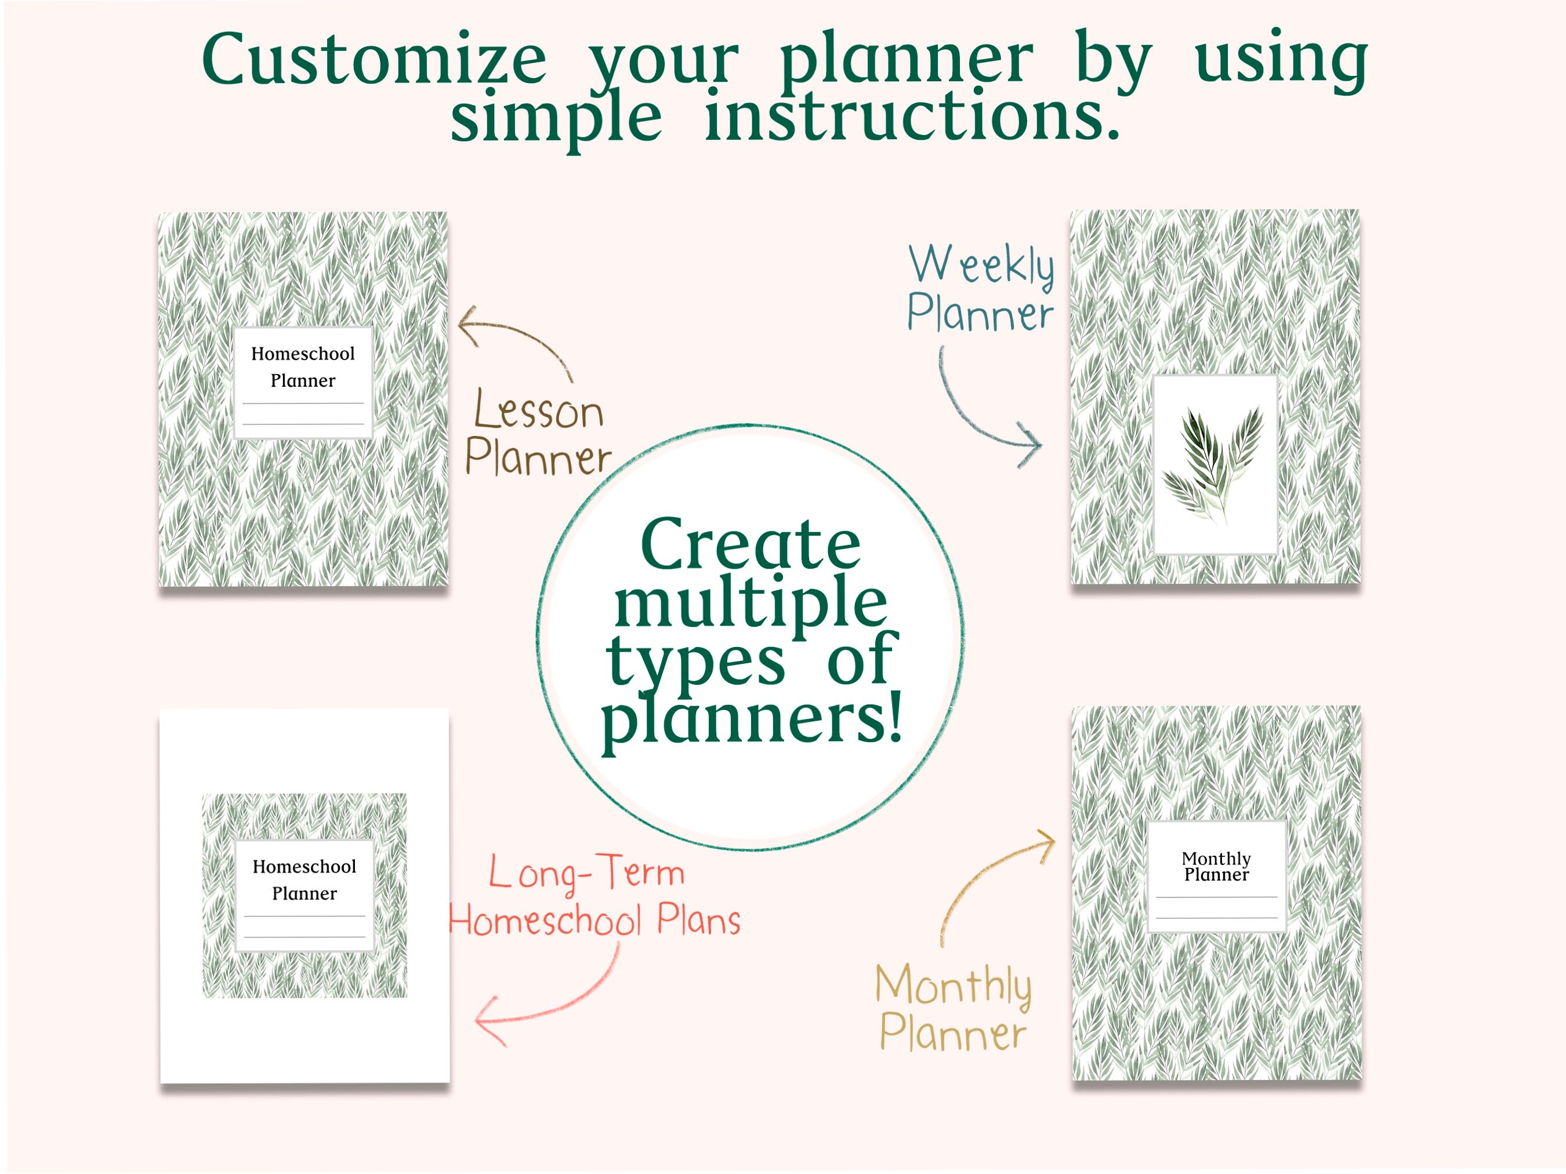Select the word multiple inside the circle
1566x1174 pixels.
[751, 602]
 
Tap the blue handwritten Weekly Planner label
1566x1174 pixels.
[981, 288]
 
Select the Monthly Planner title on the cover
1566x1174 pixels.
[1216, 866]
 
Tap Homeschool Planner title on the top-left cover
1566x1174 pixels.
[303, 366]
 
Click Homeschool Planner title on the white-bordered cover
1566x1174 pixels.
[304, 879]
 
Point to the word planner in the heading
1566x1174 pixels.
[906, 60]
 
